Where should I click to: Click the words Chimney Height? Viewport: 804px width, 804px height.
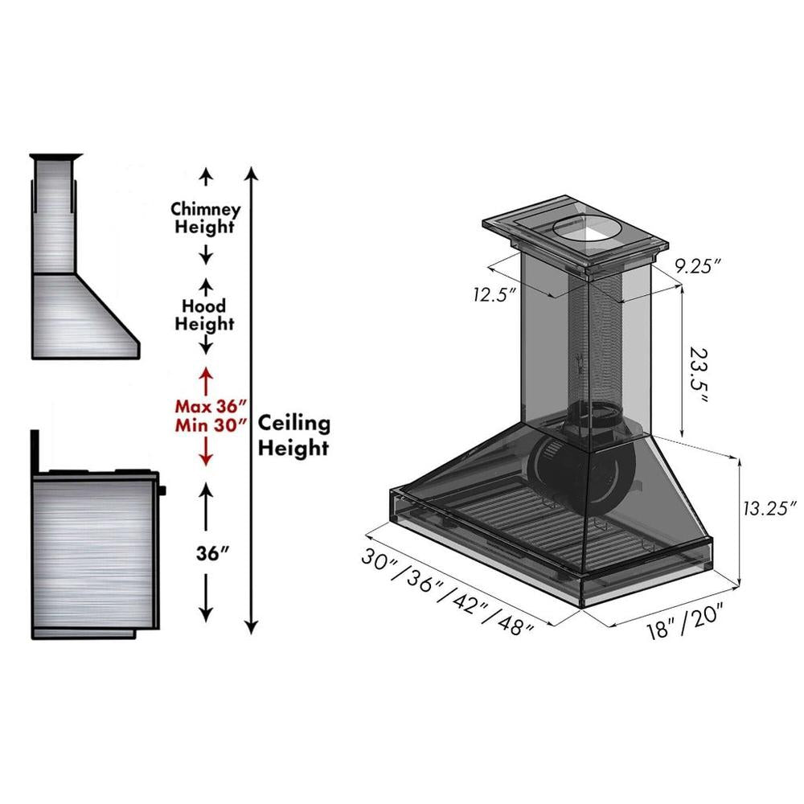pos(206,218)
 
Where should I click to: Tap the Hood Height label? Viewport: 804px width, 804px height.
pos(205,315)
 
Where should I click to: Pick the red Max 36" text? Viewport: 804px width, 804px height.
pos(207,408)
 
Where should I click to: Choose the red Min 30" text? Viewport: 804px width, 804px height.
pos(207,426)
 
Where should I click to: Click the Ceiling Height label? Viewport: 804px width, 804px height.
pos(293,435)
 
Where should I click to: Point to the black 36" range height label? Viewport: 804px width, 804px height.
pos(206,554)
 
